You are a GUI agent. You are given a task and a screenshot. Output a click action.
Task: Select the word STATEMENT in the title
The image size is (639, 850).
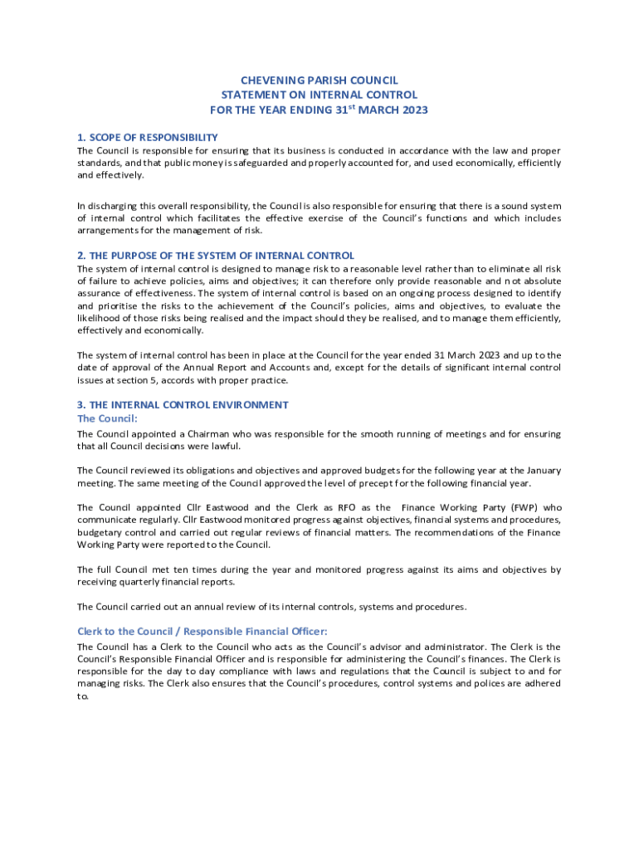(x=249, y=95)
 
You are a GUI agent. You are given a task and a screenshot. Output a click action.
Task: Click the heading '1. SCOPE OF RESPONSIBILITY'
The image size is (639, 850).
(x=148, y=137)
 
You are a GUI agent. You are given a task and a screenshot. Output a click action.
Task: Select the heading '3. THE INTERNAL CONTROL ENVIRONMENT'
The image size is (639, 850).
(x=183, y=405)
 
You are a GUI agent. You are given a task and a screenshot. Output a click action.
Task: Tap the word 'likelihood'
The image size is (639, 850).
(x=100, y=318)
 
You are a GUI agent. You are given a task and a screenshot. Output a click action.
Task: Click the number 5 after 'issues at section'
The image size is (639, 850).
(x=167, y=380)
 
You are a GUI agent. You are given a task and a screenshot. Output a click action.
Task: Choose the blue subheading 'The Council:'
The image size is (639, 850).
(x=107, y=418)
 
